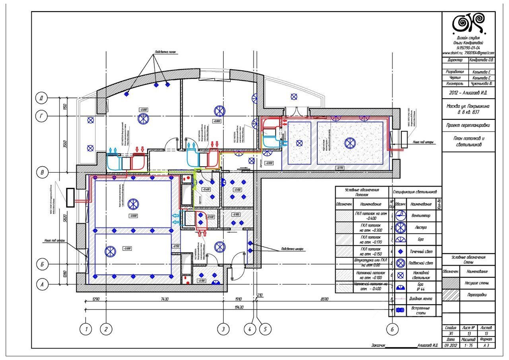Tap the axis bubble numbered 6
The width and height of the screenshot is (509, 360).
tap(392, 329)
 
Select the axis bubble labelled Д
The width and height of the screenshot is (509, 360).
tap(41, 97)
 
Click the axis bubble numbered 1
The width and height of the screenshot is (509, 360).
tap(86, 329)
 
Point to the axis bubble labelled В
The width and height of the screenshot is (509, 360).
tap(41, 173)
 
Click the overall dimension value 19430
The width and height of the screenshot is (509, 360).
tap(239, 307)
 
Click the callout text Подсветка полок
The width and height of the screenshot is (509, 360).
tap(165, 52)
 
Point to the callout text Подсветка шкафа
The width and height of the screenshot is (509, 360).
tap(292, 249)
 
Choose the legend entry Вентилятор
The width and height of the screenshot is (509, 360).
tap(421, 216)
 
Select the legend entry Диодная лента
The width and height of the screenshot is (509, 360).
tap(421, 298)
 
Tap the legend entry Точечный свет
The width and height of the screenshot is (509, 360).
tap(421, 251)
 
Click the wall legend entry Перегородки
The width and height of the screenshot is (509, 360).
tap(477, 295)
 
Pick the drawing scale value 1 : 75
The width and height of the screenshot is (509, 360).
tap(469, 345)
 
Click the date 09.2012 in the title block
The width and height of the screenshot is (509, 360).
tap(451, 345)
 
